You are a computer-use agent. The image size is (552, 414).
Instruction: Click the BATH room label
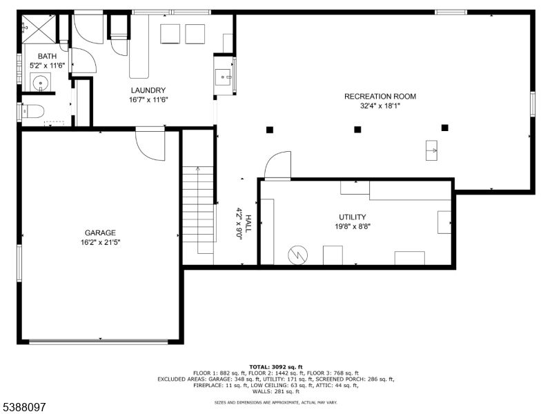48,56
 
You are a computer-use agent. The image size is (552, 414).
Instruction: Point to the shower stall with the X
39,30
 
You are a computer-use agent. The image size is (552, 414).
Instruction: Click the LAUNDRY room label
148,90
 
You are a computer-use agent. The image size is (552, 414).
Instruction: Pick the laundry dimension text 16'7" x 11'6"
148,99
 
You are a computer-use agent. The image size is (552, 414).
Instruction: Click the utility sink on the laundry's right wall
224,77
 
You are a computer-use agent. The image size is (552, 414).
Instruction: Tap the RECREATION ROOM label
380,97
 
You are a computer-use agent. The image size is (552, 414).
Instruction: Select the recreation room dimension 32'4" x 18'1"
380,106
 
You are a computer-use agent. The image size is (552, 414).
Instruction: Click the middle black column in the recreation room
357,129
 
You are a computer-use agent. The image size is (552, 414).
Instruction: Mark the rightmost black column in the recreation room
445,128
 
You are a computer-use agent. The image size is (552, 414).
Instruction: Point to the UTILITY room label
352,217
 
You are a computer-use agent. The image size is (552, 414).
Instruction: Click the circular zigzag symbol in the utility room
297,254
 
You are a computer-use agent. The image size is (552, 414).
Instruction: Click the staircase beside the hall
198,210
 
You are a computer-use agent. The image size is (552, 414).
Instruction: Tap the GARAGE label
100,233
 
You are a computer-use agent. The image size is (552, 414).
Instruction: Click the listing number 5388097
23,407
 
